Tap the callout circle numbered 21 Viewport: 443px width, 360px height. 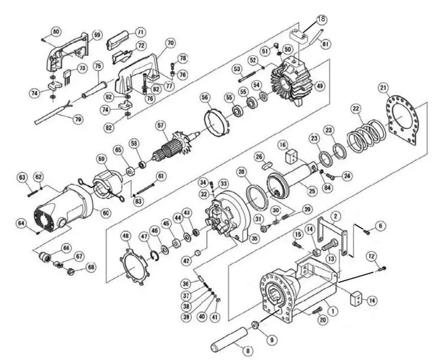point(383,88)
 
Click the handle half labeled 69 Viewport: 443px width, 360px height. point(65,55)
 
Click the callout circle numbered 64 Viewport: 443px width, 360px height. point(36,222)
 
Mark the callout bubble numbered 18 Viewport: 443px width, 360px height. point(320,19)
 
